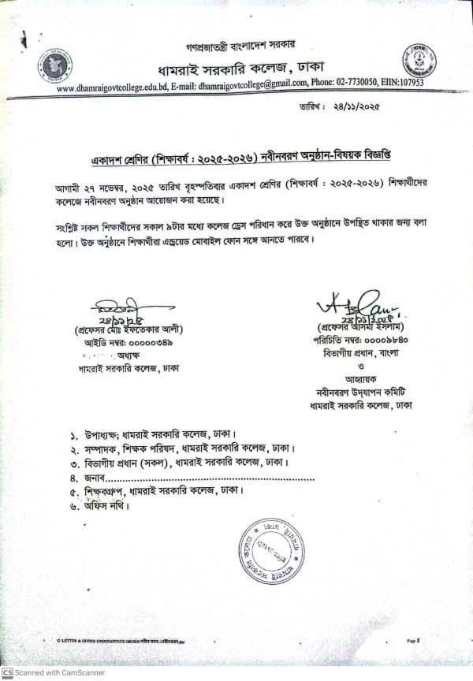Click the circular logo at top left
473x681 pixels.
pyautogui.click(x=53, y=67)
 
